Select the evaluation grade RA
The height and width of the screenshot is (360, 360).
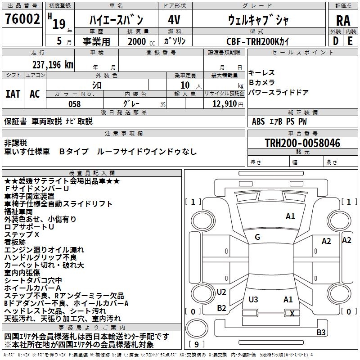tap(343, 21)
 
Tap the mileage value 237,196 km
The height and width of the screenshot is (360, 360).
tap(53, 65)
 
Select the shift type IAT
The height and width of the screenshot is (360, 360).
tap(13, 94)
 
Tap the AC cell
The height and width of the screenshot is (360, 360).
tap(35, 94)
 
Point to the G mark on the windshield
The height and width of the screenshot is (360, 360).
tap(257, 237)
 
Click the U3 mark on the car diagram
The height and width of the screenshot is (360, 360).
tap(253, 299)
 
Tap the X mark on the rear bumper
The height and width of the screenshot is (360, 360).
tap(292, 313)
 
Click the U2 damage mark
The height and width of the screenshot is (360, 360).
tap(221, 292)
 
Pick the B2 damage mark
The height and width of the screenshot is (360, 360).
tap(221, 308)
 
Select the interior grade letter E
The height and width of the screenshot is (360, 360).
tap(350, 41)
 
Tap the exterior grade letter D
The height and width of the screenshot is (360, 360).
tap(335, 41)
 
